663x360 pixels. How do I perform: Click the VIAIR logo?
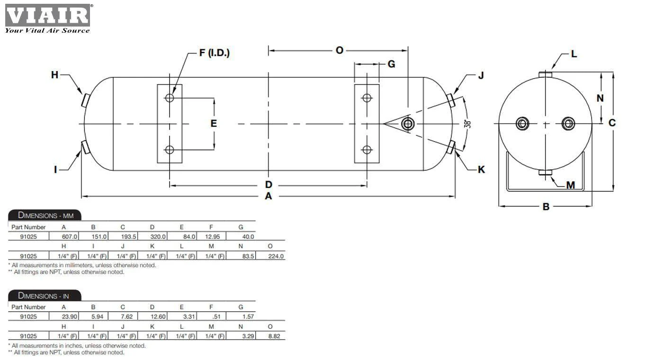click(48, 15)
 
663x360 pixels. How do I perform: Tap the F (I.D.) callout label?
click(214, 53)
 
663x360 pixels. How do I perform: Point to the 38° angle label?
click(468, 124)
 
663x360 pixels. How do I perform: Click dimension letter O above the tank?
click(340, 50)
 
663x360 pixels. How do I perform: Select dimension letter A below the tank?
click(268, 196)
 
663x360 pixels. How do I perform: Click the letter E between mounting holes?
click(214, 123)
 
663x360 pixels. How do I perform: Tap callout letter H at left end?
click(54, 75)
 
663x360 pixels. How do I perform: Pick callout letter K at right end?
click(481, 170)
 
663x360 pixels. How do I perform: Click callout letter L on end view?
click(574, 54)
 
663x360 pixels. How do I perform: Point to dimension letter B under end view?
click(546, 207)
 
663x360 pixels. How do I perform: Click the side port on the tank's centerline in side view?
click(408, 124)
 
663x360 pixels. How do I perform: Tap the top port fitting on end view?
click(545, 74)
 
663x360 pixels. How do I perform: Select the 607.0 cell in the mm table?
click(70, 236)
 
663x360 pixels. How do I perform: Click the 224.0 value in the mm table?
click(276, 256)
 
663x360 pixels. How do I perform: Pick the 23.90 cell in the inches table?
click(70, 316)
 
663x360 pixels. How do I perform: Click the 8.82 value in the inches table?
click(274, 336)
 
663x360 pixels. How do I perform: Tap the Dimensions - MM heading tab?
click(45, 215)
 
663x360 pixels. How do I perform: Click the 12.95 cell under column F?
click(213, 236)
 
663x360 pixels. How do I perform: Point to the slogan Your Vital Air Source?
click(47, 30)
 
